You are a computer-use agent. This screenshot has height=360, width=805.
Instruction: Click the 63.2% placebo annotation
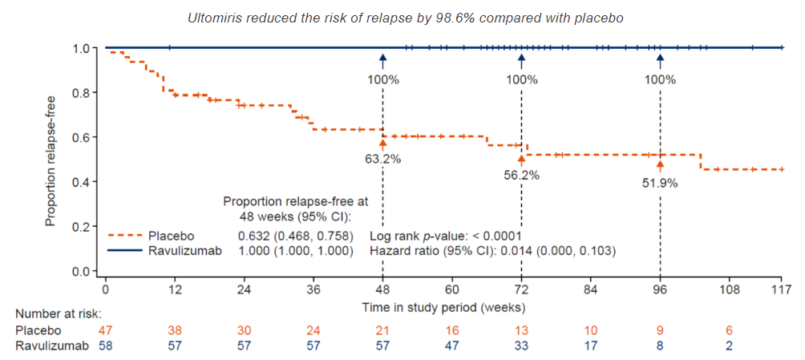pyautogui.click(x=382, y=159)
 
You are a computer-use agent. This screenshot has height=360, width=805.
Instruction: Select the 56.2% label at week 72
pyautogui.click(x=521, y=174)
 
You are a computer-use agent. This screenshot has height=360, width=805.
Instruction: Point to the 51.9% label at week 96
pyautogui.click(x=660, y=183)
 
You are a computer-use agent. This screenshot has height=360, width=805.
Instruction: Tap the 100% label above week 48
pyautogui.click(x=382, y=79)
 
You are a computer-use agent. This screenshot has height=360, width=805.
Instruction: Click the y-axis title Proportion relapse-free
pyautogui.click(x=51, y=160)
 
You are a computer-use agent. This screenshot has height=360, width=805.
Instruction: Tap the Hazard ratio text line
pyautogui.click(x=491, y=251)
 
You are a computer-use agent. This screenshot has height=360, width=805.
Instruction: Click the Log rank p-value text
pyautogui.click(x=446, y=236)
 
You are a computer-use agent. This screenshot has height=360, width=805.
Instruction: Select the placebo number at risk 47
pyautogui.click(x=106, y=330)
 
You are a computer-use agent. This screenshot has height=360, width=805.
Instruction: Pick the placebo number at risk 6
pyautogui.click(x=729, y=330)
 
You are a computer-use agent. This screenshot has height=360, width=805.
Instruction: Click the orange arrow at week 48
pyautogui.click(x=382, y=143)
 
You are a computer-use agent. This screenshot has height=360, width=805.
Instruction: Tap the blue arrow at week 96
pyautogui.click(x=660, y=61)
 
